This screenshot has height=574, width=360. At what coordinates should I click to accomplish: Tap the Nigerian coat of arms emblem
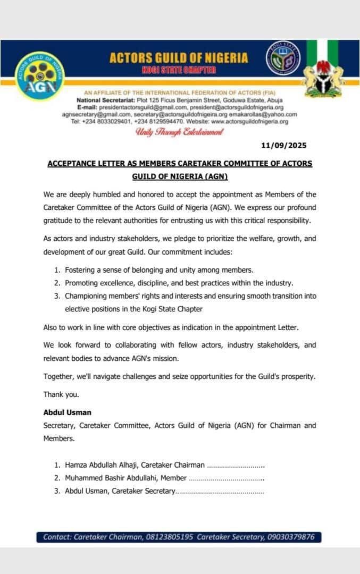(x=322, y=74)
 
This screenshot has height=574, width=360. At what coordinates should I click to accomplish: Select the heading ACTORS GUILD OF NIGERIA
(x=179, y=58)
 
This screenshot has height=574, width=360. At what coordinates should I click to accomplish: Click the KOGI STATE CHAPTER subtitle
(x=179, y=70)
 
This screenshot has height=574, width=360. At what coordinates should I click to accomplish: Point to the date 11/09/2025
(x=284, y=145)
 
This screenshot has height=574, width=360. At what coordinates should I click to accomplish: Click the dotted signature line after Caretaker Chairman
(x=236, y=466)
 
